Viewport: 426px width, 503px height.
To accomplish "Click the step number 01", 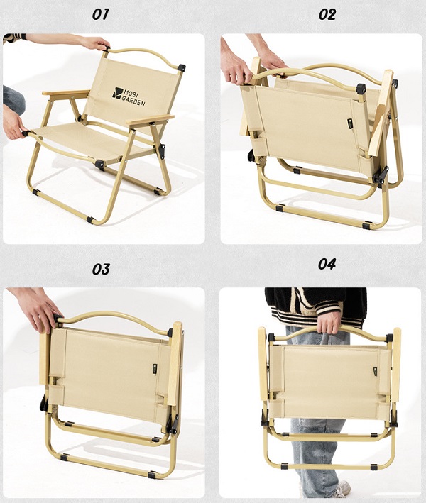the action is [x=101, y=14].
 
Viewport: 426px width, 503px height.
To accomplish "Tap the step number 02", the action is [x=327, y=14].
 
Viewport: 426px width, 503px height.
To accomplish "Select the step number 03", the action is [x=101, y=270].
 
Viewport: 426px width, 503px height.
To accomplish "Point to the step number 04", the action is [x=327, y=264].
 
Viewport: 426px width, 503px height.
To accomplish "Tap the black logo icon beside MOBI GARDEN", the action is [x=117, y=92].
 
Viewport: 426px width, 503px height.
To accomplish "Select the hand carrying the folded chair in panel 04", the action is [x=329, y=322].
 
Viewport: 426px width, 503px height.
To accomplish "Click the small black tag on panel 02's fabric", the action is [x=350, y=124].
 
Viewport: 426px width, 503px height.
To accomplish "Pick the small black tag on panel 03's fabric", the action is [x=155, y=369].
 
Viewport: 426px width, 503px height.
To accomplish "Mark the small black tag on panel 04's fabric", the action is [x=375, y=372].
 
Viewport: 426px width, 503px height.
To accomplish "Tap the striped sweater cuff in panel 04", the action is [x=328, y=308].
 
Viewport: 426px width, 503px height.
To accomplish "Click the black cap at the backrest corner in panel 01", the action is [x=182, y=67].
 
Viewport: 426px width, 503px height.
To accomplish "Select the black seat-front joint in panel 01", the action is [x=99, y=165].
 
